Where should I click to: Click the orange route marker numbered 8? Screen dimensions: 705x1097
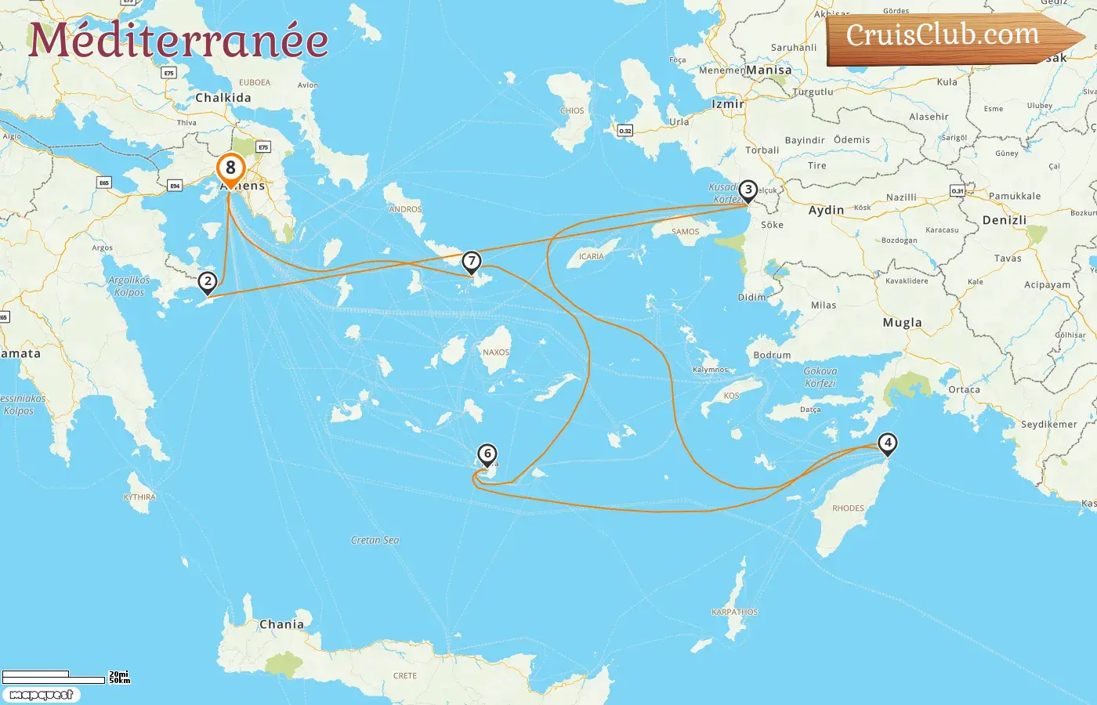pos(230,168)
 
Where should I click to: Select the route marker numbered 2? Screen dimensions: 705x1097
pos(208,281)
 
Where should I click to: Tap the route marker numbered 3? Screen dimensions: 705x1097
pos(748,190)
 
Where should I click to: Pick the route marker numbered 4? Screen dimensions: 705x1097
pos(887,443)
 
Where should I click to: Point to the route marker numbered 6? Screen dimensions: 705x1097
pos(487,454)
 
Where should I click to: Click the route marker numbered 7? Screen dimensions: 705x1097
pos(471,261)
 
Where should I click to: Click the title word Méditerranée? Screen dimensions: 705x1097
pos(179,40)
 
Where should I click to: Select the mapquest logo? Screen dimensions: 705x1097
pos(41,695)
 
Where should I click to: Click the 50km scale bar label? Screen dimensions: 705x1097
pos(120,681)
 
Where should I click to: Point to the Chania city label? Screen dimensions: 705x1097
pos(281,624)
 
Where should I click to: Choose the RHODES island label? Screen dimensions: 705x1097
pos(848,508)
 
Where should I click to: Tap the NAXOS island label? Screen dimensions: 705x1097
pos(496,352)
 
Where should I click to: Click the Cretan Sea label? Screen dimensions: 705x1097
pos(375,540)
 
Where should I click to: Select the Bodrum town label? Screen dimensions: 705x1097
pos(772,355)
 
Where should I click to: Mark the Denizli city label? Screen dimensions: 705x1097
pos(1004,220)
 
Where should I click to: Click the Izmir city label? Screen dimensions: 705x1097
pos(727,103)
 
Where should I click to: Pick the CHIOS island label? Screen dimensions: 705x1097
pos(572,110)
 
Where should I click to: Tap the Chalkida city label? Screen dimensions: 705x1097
pos(223,98)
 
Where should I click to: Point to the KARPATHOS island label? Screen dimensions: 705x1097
pos(734,612)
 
